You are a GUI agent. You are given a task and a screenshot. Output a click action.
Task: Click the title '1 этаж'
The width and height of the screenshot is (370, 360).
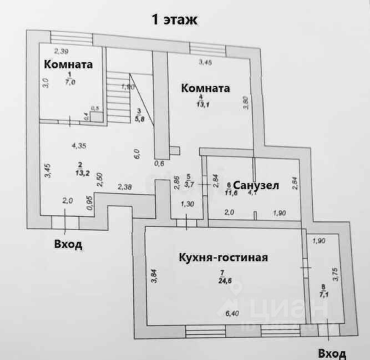(175, 20)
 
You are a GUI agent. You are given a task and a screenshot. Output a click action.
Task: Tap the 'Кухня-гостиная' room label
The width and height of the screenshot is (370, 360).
(223, 257)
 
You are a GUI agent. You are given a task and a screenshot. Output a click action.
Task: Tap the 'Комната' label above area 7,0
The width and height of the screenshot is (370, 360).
(68, 64)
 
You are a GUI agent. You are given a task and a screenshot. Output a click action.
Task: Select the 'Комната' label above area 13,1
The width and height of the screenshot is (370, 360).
(206, 88)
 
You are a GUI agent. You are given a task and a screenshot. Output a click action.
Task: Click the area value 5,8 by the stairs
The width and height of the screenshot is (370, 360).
(138, 118)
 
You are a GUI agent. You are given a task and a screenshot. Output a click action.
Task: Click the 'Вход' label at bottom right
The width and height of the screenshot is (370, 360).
(332, 353)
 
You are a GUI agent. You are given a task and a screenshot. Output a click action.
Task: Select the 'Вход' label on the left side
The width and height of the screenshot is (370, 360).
(68, 245)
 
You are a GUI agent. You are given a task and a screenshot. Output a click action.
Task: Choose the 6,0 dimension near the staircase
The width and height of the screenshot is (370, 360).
(136, 153)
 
